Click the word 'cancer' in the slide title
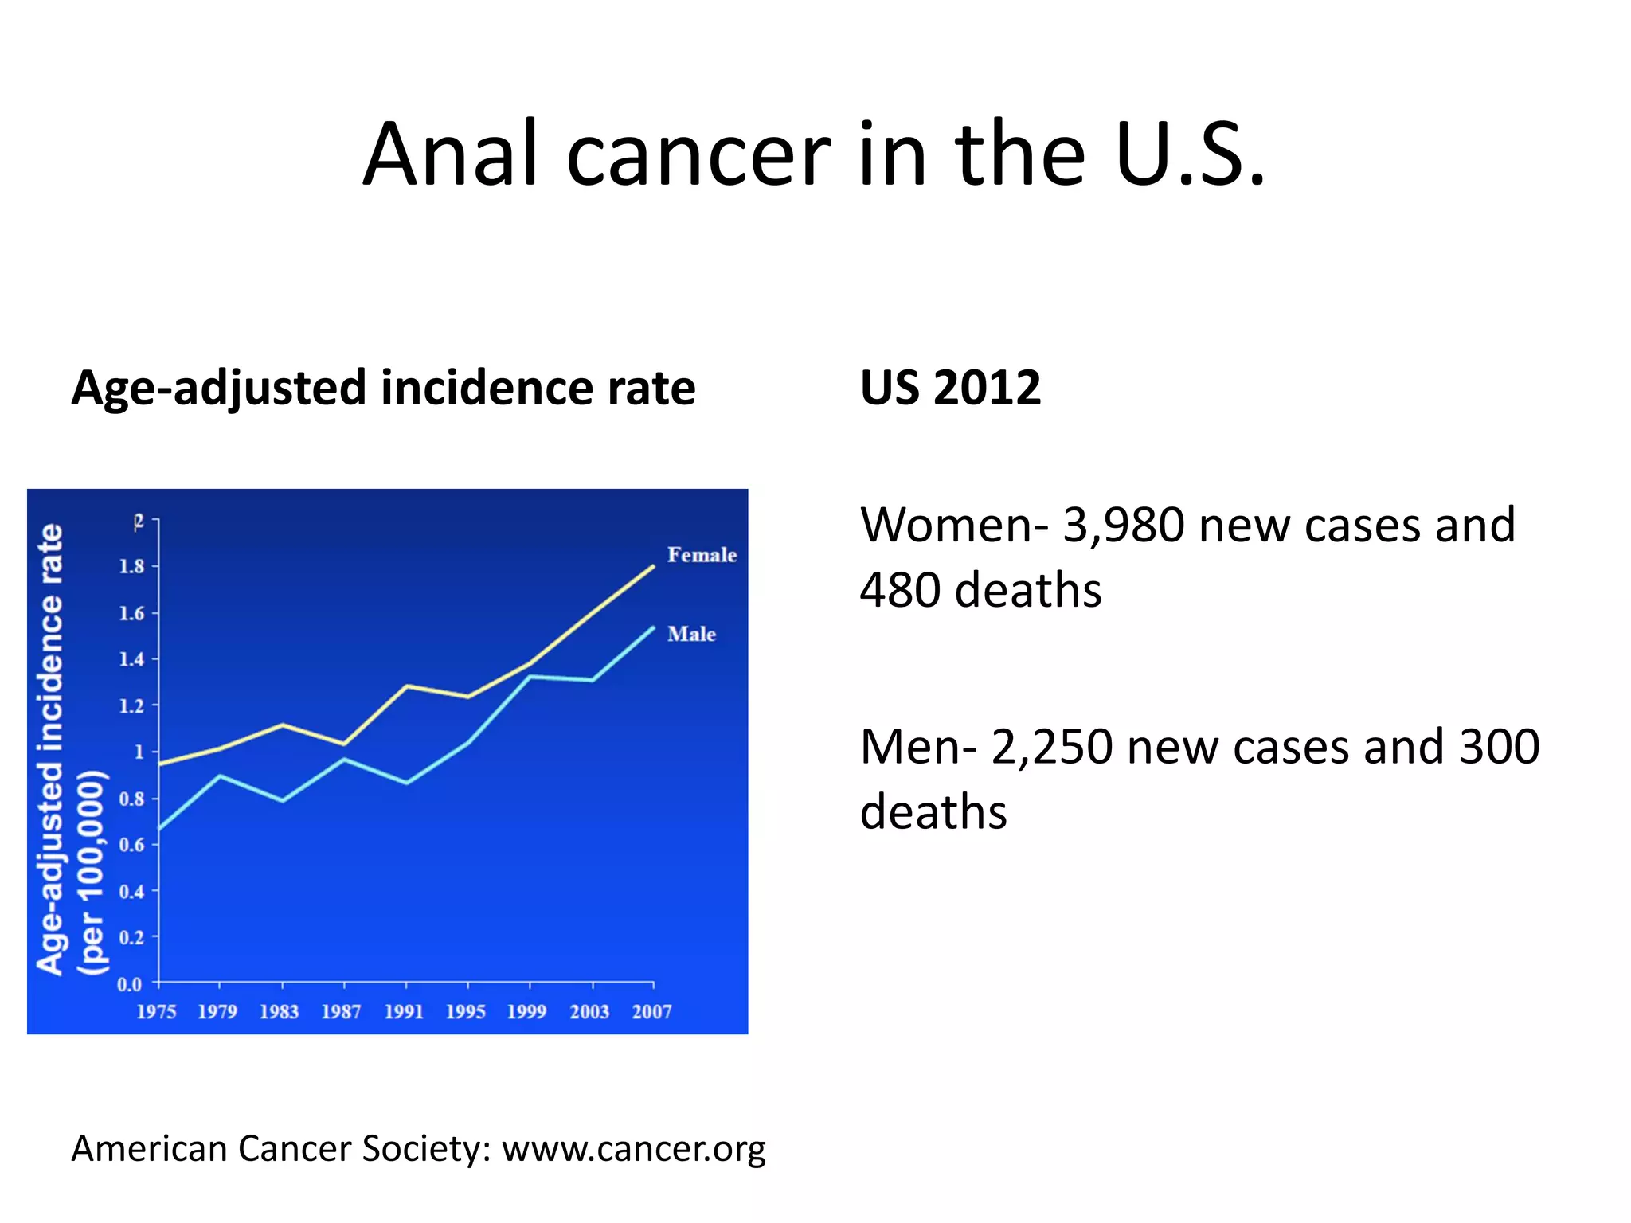coord(698,155)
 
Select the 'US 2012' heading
coord(950,388)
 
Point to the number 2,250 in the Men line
coord(1051,748)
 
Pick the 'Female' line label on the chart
coord(702,555)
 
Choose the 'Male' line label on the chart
coord(691,634)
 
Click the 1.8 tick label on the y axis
coord(131,566)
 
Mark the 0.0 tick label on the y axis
coord(129,984)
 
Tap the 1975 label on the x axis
coord(156,1012)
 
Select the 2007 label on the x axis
coord(651,1012)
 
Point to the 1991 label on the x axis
coord(404,1012)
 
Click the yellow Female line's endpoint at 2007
coord(654,566)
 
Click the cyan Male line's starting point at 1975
coord(159,830)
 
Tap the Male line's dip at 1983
coord(283,800)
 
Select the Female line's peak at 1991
coord(407,686)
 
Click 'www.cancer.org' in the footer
coord(633,1149)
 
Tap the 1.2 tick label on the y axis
coord(131,705)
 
